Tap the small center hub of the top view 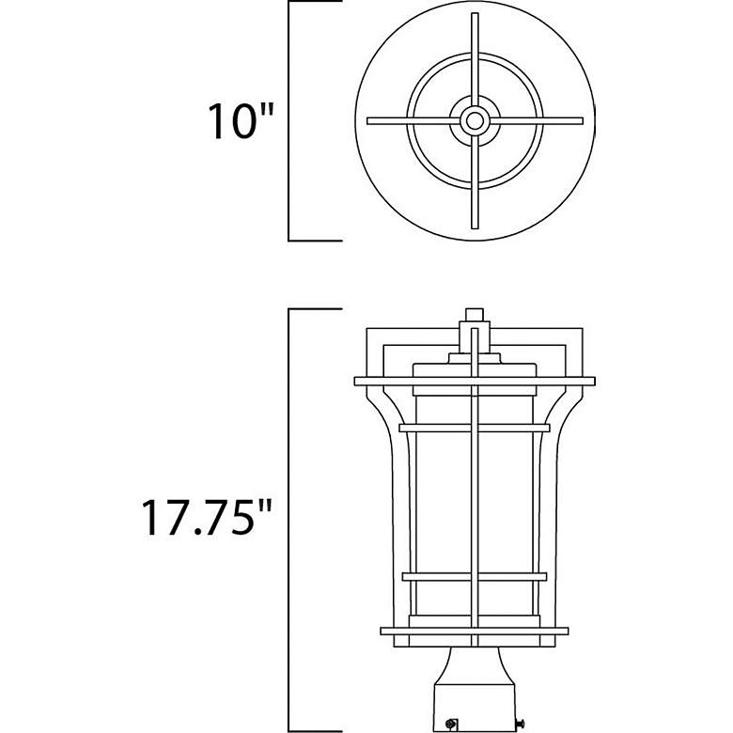476,120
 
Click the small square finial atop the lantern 475,317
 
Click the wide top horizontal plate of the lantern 475,381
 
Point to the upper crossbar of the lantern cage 475,428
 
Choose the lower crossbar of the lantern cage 475,575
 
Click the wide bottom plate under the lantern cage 475,630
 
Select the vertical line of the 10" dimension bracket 289,121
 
